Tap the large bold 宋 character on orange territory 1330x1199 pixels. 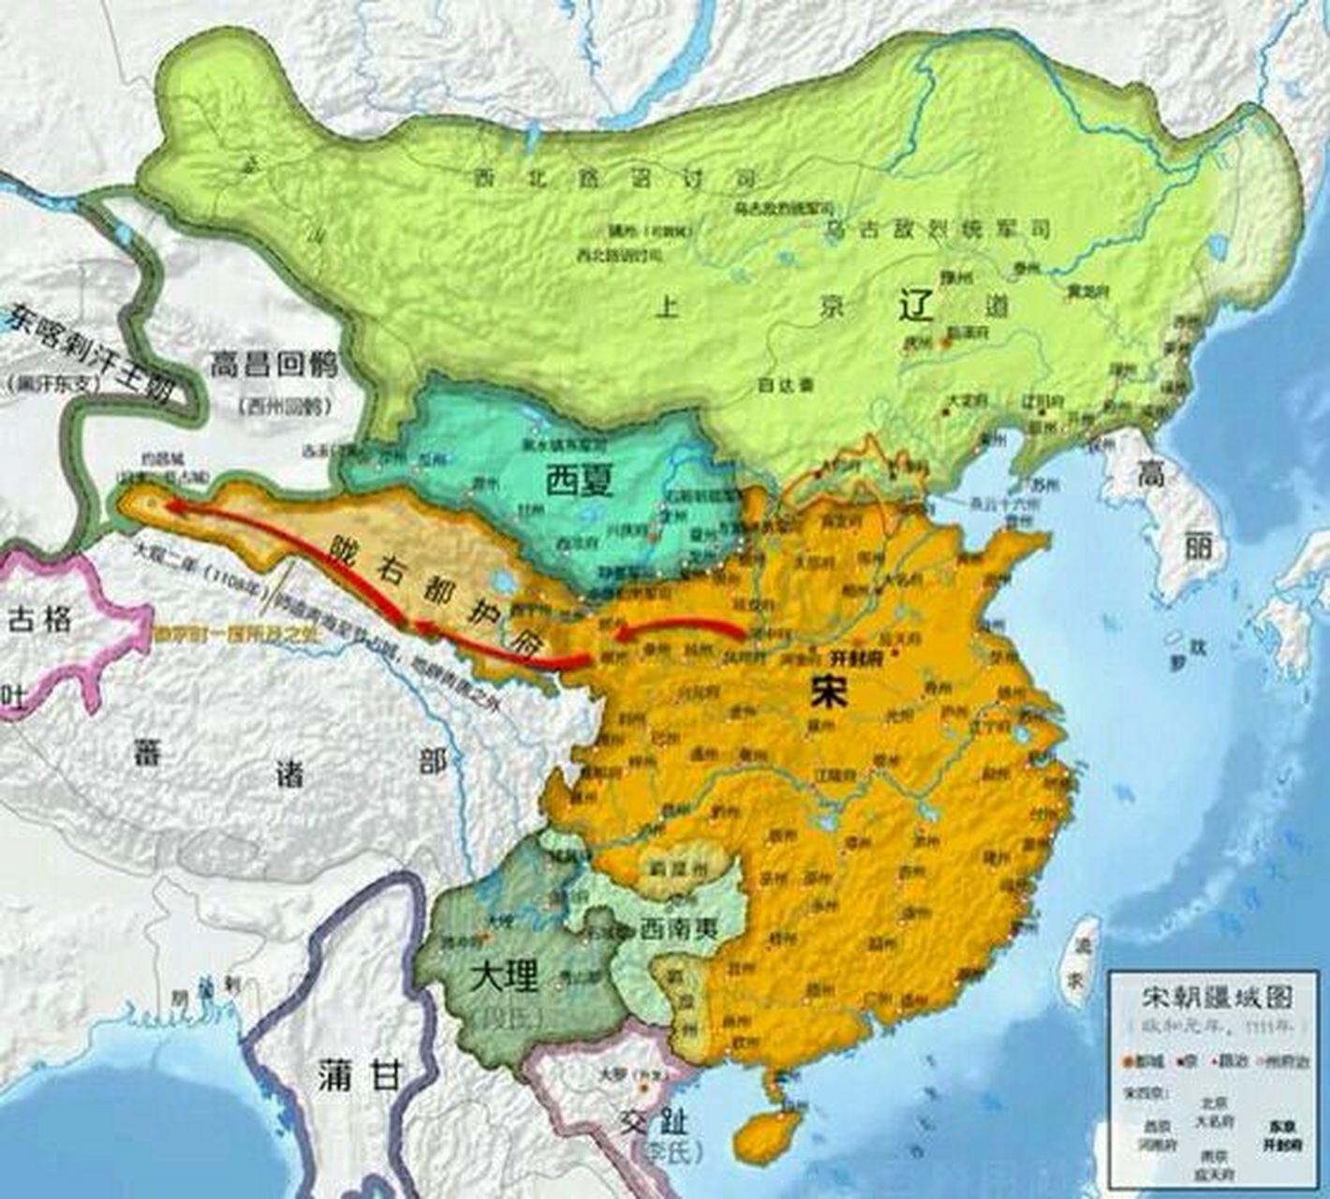coord(830,691)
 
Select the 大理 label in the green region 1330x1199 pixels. coord(505,977)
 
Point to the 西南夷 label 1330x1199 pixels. coord(680,927)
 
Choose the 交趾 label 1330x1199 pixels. coord(667,1120)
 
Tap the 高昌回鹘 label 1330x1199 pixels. coord(273,365)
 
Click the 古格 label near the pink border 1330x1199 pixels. coord(39,619)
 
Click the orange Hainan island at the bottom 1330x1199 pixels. coord(768,1132)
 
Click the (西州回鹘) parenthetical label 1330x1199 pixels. coord(278,407)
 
